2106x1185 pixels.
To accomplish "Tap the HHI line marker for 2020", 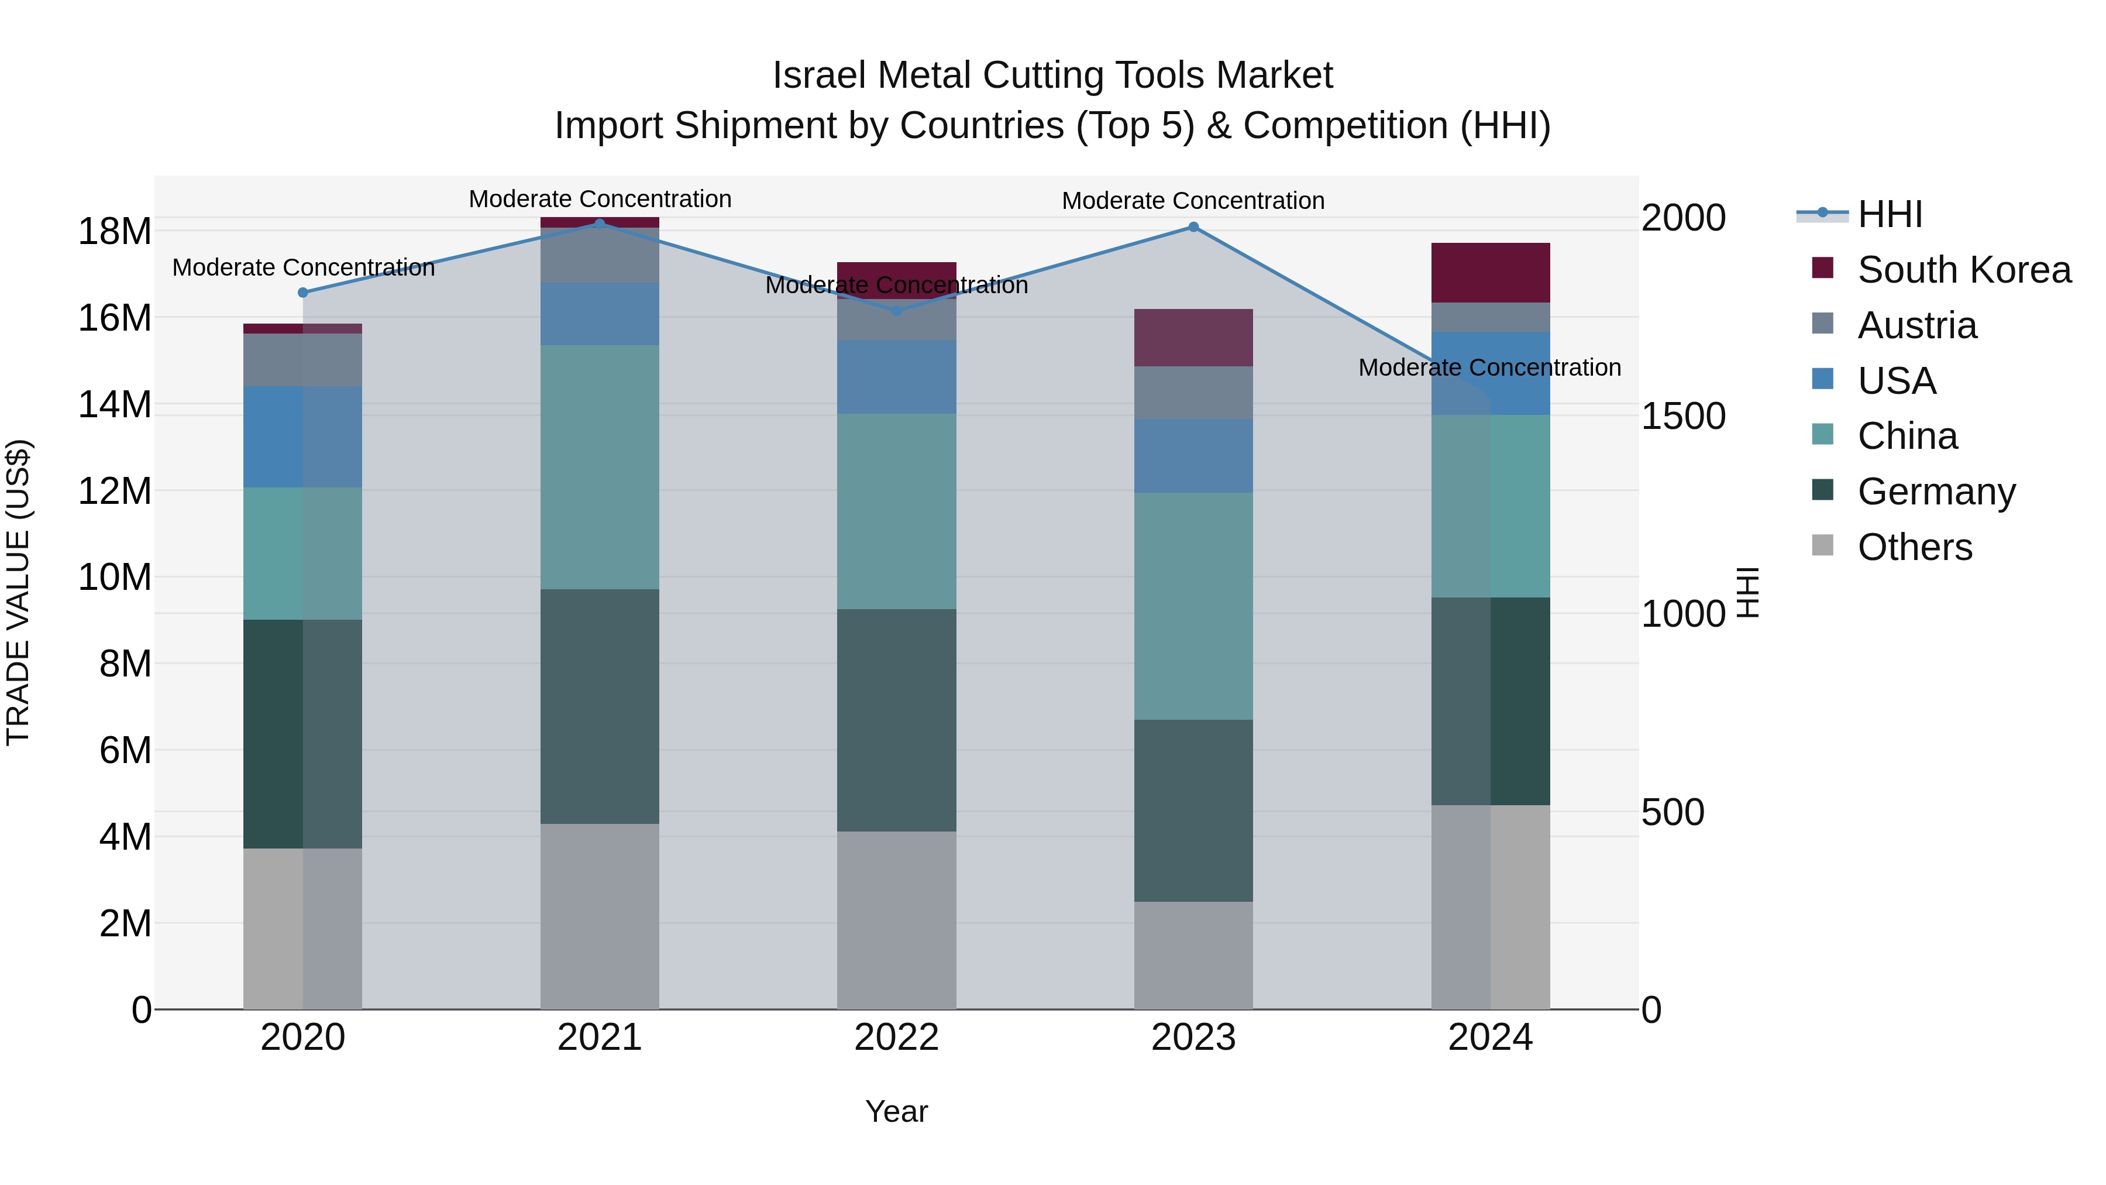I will coord(302,292).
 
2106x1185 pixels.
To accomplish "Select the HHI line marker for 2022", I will coord(896,311).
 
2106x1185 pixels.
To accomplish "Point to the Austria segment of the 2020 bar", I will coord(302,359).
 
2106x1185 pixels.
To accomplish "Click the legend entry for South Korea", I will coord(1964,270).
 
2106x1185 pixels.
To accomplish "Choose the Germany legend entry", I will coord(1936,492).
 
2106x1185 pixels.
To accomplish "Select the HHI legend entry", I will coord(1890,214).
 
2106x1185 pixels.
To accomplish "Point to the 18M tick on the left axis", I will coord(115,231).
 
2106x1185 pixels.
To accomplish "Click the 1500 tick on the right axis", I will coord(1682,416).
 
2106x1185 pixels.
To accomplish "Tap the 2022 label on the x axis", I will coord(896,1038).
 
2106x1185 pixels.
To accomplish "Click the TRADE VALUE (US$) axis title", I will coord(18,592).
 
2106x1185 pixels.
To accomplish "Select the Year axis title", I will coord(896,1111).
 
